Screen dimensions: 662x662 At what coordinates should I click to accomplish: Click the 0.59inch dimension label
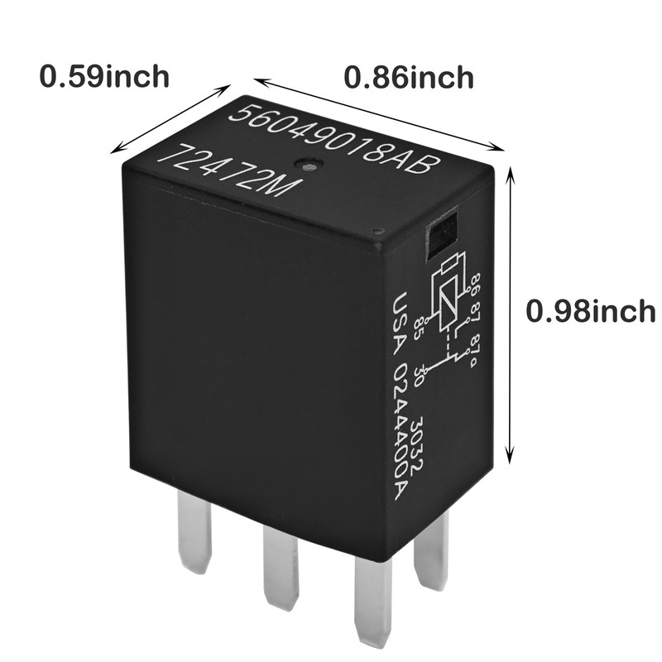pos(104,76)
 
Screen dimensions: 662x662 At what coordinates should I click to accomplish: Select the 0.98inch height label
pos(590,312)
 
